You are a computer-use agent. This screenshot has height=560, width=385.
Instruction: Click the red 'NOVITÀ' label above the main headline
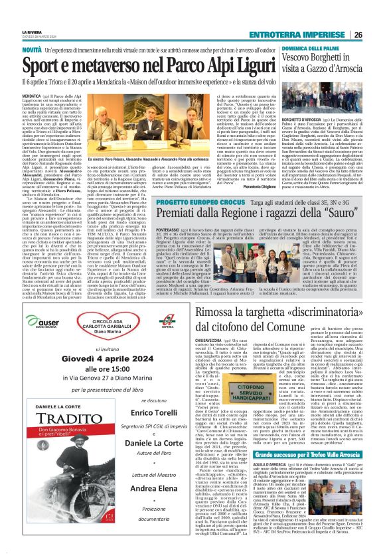point(31,50)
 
